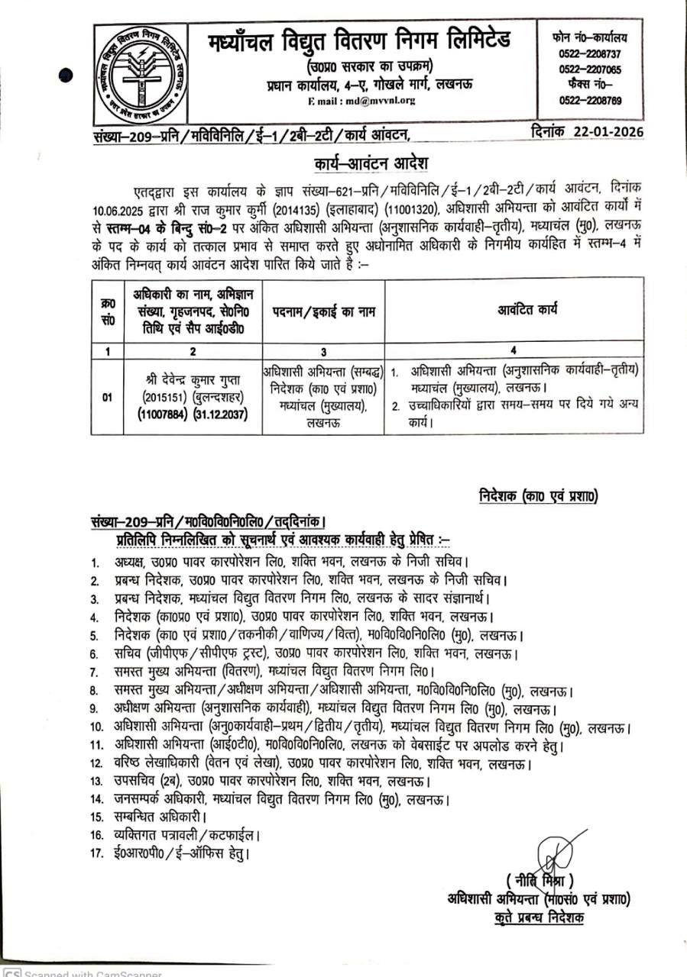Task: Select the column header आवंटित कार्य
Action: tap(514, 309)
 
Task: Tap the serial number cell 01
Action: tap(107, 397)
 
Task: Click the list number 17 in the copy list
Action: tap(96, 852)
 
